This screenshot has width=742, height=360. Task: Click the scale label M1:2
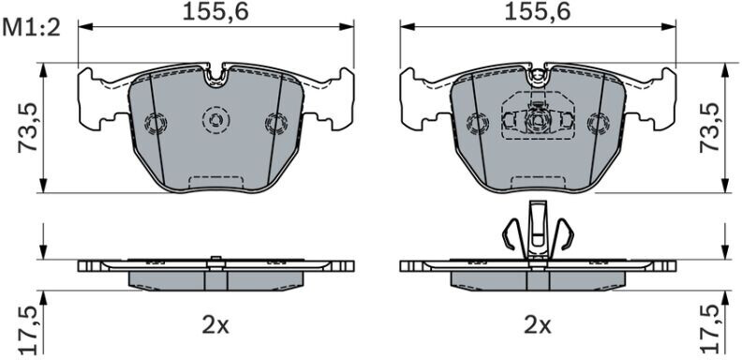tap(32, 29)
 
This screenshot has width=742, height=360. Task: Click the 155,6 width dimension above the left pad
tap(215, 12)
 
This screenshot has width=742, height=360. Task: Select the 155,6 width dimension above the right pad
tap(538, 12)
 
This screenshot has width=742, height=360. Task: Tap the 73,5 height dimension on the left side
tap(27, 127)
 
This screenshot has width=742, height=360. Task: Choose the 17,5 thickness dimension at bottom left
tap(27, 331)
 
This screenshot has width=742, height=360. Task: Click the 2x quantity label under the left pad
tap(215, 326)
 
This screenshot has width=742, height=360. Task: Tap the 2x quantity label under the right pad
tap(538, 326)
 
